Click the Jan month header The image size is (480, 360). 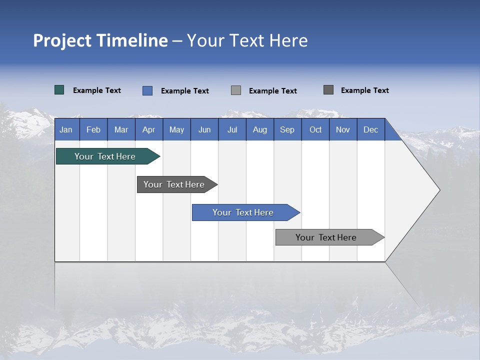[x=66, y=129]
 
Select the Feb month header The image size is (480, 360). [x=93, y=129]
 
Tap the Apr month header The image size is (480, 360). [x=149, y=129]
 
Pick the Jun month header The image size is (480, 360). [x=204, y=129]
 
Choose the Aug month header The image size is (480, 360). [x=260, y=129]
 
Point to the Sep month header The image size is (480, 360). [x=287, y=129]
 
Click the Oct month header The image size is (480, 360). [x=315, y=129]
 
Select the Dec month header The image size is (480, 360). [x=371, y=129]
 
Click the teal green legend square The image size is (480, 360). [x=59, y=90]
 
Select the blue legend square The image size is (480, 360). [x=147, y=90]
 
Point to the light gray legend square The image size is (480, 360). [x=236, y=90]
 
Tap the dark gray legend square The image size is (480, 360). [x=328, y=90]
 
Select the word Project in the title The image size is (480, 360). [x=62, y=40]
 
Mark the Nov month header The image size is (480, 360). [x=343, y=129]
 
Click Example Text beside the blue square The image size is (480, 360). [x=185, y=91]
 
